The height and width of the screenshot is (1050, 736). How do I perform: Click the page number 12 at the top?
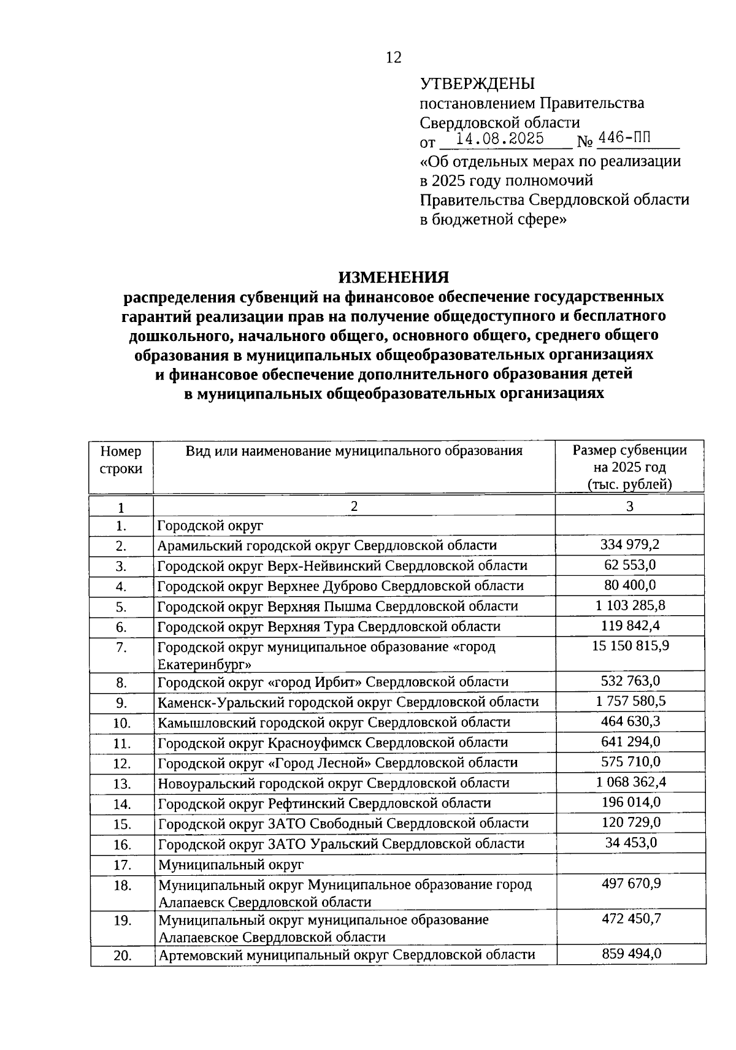(393, 58)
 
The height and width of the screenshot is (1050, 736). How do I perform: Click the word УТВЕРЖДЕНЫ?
(477, 83)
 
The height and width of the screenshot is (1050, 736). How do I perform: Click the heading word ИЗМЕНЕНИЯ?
(393, 277)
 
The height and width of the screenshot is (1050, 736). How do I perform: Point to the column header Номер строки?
(121, 460)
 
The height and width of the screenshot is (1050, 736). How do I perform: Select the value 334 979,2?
(630, 545)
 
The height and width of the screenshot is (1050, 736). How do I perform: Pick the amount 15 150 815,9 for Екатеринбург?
(630, 646)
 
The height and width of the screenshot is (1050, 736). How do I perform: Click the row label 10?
(122, 723)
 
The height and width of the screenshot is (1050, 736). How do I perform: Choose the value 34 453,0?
(631, 843)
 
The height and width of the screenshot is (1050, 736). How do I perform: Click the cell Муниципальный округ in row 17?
(231, 865)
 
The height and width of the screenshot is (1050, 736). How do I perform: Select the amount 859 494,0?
(630, 954)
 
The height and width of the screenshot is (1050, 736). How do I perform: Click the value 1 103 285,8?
(630, 605)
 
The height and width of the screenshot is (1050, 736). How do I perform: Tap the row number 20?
(122, 956)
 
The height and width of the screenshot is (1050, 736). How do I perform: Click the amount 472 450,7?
(630, 919)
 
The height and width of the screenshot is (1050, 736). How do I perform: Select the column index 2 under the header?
(353, 505)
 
